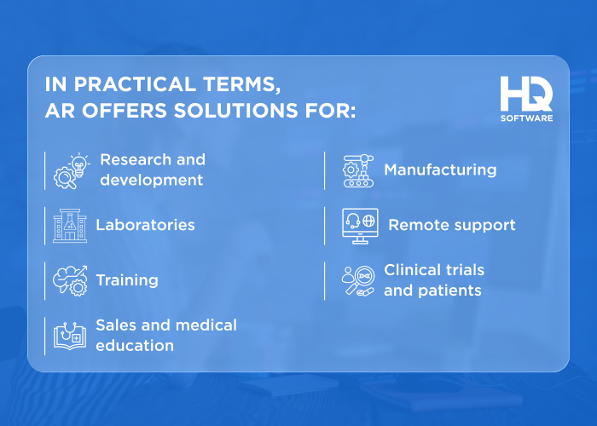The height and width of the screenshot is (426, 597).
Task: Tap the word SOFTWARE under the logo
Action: (x=526, y=118)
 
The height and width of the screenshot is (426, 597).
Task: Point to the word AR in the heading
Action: (x=59, y=112)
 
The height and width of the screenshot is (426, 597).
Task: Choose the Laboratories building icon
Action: (x=70, y=226)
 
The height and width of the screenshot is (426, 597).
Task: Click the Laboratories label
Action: (x=145, y=226)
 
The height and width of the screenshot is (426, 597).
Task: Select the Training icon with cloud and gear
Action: (x=70, y=280)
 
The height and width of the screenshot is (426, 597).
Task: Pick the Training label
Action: (x=127, y=280)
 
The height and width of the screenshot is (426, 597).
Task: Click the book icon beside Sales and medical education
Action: (x=70, y=336)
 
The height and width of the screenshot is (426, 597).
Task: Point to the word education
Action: (x=135, y=346)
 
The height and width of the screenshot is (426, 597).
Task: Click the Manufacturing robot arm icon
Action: (x=359, y=170)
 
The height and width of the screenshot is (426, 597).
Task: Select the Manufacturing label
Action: (x=440, y=170)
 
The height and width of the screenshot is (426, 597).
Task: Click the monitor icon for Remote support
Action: (x=359, y=226)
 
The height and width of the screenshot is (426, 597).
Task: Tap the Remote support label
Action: (x=452, y=226)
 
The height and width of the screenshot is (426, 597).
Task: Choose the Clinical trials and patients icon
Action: (x=358, y=280)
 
